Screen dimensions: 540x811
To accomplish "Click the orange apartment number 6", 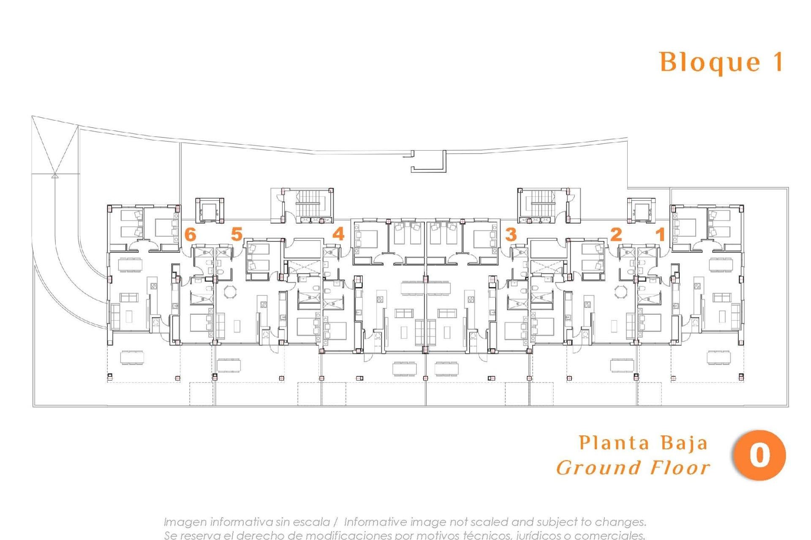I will coord(191,234).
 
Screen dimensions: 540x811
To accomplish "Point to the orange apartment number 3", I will coord(511,234).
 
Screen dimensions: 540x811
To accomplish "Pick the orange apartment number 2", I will coord(616,234).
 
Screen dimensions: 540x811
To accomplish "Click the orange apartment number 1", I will coord(660,234).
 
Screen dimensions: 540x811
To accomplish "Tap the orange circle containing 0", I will coord(759,456).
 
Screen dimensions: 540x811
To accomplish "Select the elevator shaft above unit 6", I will coord(209,209).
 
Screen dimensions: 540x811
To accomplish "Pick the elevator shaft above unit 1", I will coord(641,209).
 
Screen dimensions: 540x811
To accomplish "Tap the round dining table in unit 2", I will coord(620,292).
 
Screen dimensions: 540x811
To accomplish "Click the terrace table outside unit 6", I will coord(132,357).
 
